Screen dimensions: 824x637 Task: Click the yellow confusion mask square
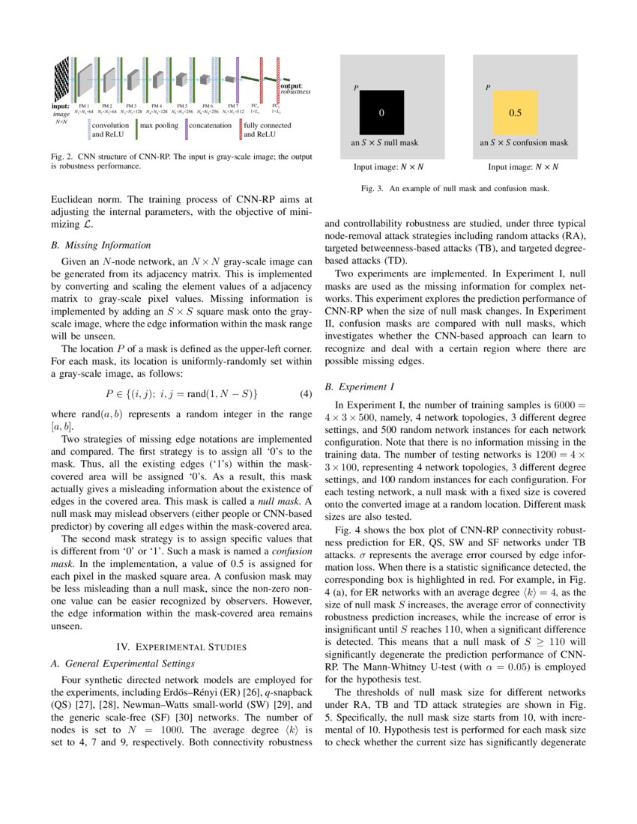(x=516, y=112)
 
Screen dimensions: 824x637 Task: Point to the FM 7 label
(x=233, y=106)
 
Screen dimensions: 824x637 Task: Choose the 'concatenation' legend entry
(x=210, y=126)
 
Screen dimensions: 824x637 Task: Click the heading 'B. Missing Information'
(x=101, y=245)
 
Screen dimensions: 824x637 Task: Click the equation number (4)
(x=305, y=393)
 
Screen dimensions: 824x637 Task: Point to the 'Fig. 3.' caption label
(x=372, y=189)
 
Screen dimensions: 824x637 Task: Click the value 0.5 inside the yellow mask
(x=516, y=113)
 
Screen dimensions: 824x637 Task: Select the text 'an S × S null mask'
(x=384, y=142)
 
